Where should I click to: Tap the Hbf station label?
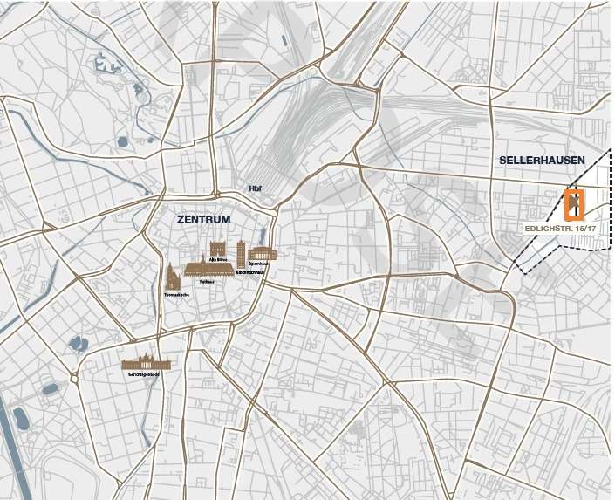pyautogui.click(x=256, y=188)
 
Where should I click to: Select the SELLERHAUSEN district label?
pyautogui.click(x=542, y=161)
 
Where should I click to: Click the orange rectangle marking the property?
pyautogui.click(x=574, y=203)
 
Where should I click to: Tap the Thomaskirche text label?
pyautogui.click(x=176, y=295)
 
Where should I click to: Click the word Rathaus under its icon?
pyautogui.click(x=207, y=282)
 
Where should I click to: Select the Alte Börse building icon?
pyautogui.click(x=217, y=248)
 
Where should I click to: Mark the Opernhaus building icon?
pyautogui.click(x=263, y=253)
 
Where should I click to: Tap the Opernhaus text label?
pyautogui.click(x=257, y=263)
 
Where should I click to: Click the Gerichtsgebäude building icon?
pyautogui.click(x=147, y=363)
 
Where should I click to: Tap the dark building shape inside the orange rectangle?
pyautogui.click(x=574, y=205)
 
